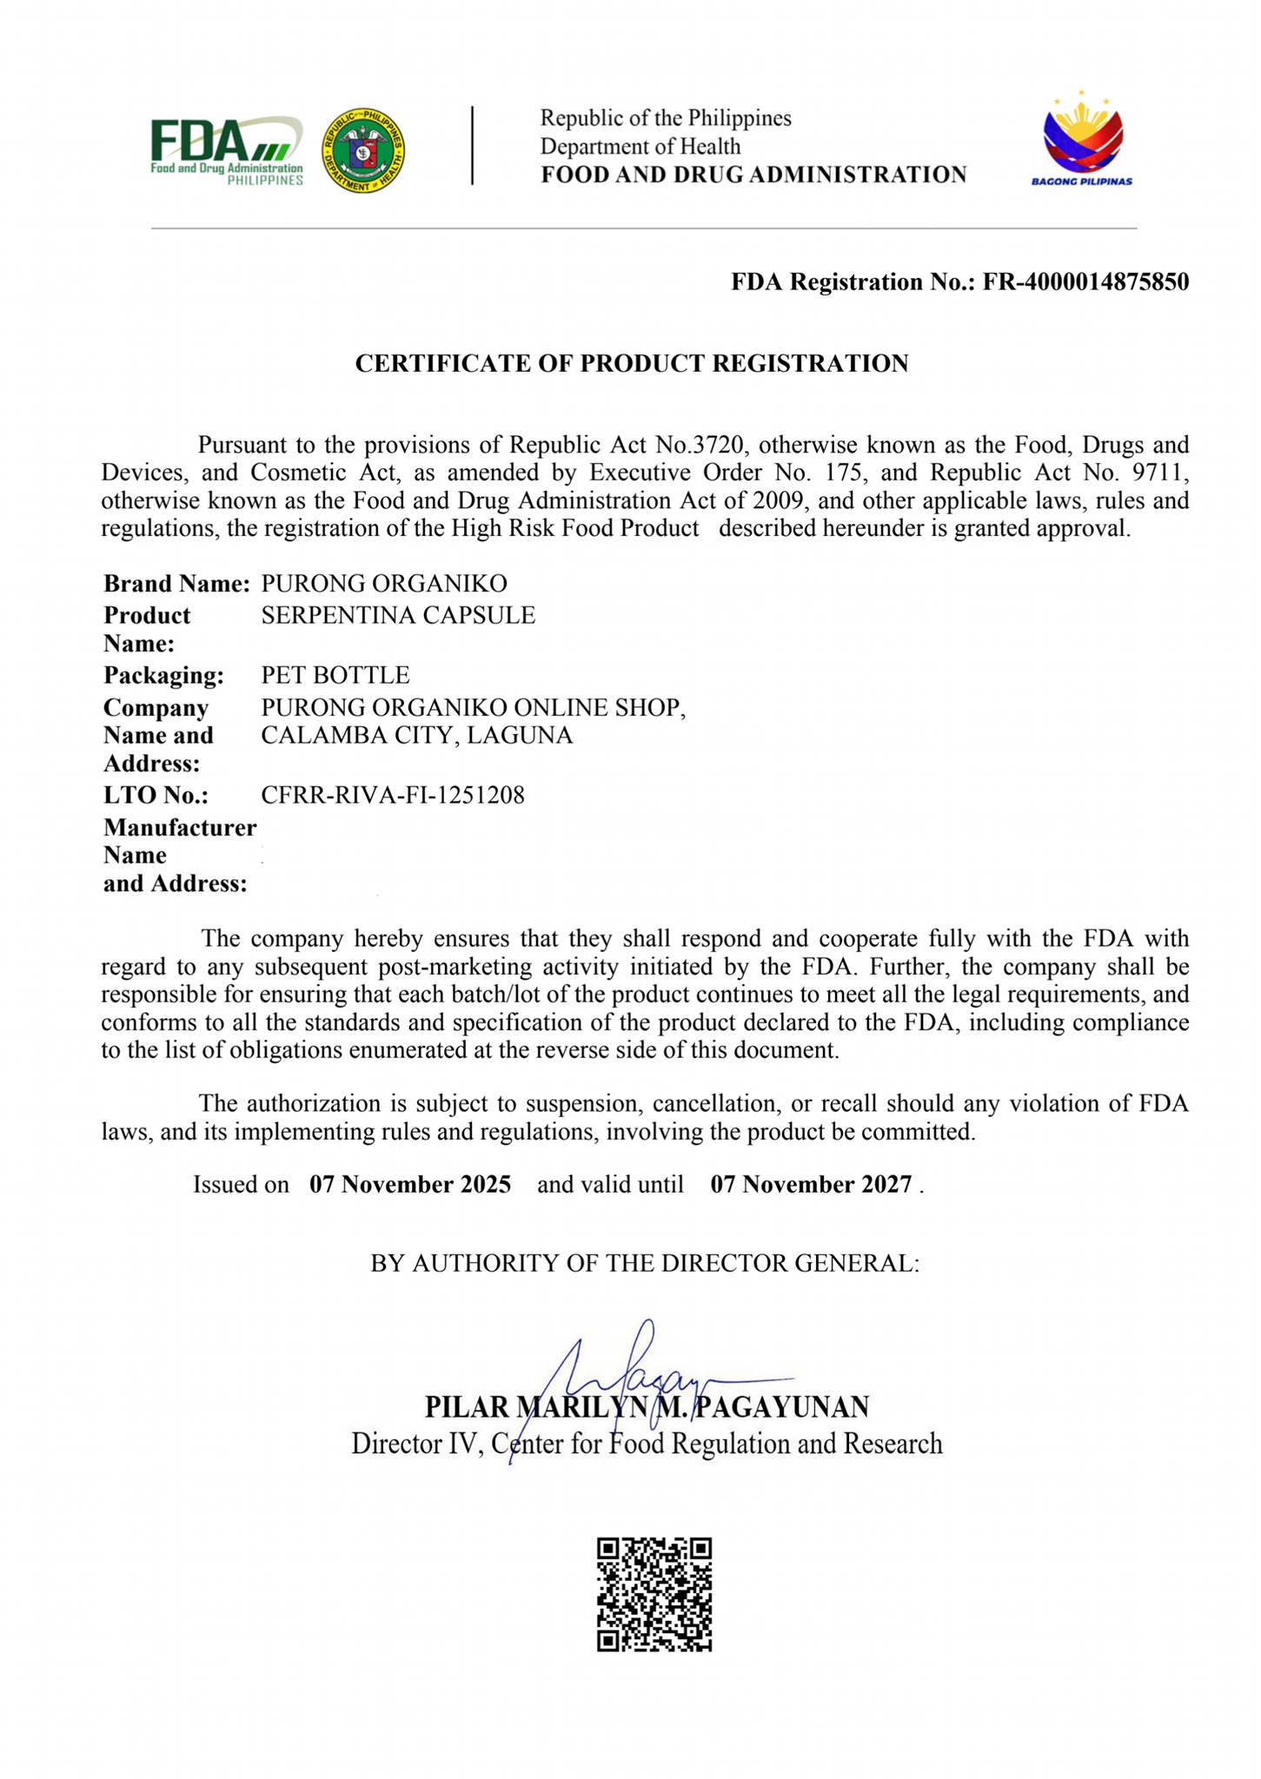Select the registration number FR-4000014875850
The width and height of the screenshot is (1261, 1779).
tap(1085, 282)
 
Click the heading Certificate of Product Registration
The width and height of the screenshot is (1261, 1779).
tap(632, 363)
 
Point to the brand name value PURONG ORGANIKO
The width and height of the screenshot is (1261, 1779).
tap(384, 584)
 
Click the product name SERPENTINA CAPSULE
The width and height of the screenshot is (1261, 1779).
tap(398, 615)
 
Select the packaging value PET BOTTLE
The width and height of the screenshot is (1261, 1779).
tap(335, 675)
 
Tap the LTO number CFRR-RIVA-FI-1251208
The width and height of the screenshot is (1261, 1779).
tap(393, 795)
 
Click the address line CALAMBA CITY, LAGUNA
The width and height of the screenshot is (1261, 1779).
tap(417, 736)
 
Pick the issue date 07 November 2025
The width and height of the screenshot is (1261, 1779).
tap(410, 1185)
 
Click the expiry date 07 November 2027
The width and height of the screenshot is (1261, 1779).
tap(811, 1185)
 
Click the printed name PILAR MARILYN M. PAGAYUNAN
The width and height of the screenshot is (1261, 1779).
tap(647, 1405)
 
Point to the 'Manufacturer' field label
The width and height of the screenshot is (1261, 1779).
tap(180, 828)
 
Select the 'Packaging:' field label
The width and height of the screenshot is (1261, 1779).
tap(163, 675)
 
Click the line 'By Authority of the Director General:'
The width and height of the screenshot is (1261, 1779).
tap(645, 1263)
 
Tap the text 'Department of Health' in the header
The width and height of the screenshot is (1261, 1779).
tap(640, 146)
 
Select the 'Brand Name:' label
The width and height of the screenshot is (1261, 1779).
tap(176, 584)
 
